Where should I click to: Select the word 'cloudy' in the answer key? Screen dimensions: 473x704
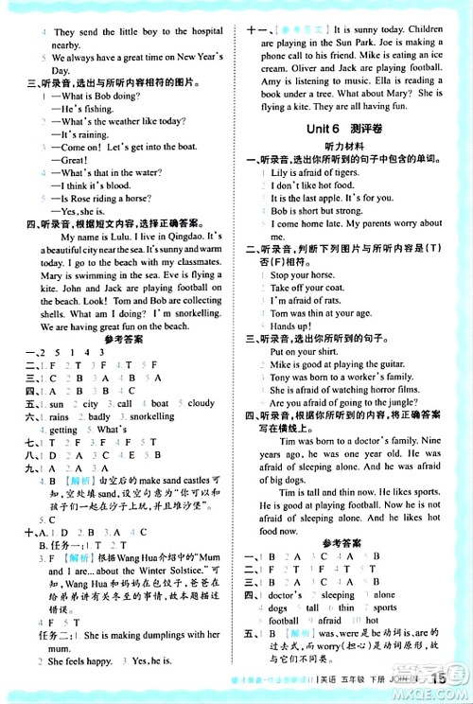tap(201, 403)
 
